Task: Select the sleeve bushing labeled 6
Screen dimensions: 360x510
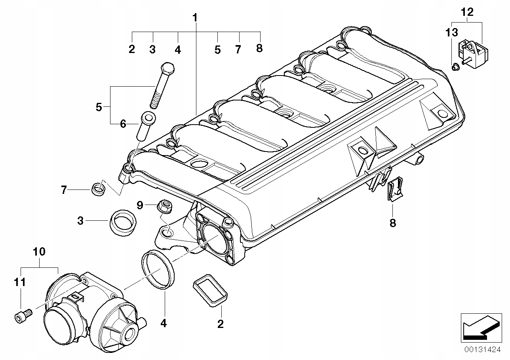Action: (146, 125)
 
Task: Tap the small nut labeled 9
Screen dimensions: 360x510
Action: (164, 206)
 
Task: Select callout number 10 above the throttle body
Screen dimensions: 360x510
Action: (39, 251)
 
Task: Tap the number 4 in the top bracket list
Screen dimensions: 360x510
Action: (178, 49)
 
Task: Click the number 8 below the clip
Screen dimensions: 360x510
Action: (392, 223)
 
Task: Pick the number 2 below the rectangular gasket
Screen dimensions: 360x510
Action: (220, 324)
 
